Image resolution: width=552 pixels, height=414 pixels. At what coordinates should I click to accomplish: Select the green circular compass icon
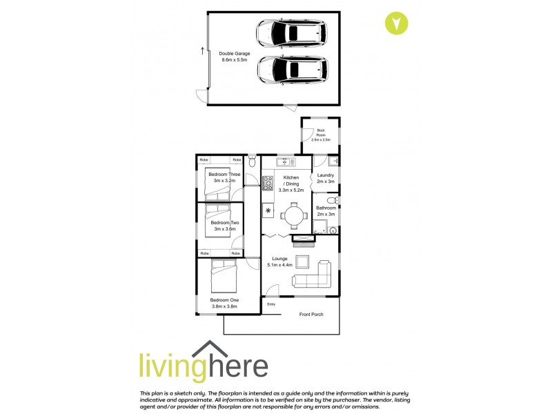point(396,23)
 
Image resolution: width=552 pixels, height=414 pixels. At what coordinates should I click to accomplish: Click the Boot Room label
point(321,135)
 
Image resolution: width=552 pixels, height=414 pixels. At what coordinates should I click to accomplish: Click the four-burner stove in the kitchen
point(268,184)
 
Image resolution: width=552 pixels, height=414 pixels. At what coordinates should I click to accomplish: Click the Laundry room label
point(325,175)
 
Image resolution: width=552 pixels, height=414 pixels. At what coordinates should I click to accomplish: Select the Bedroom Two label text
point(225,223)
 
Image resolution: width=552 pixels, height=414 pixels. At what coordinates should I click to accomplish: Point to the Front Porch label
point(310,315)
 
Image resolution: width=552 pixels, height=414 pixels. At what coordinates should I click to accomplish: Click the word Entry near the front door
point(271,304)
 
